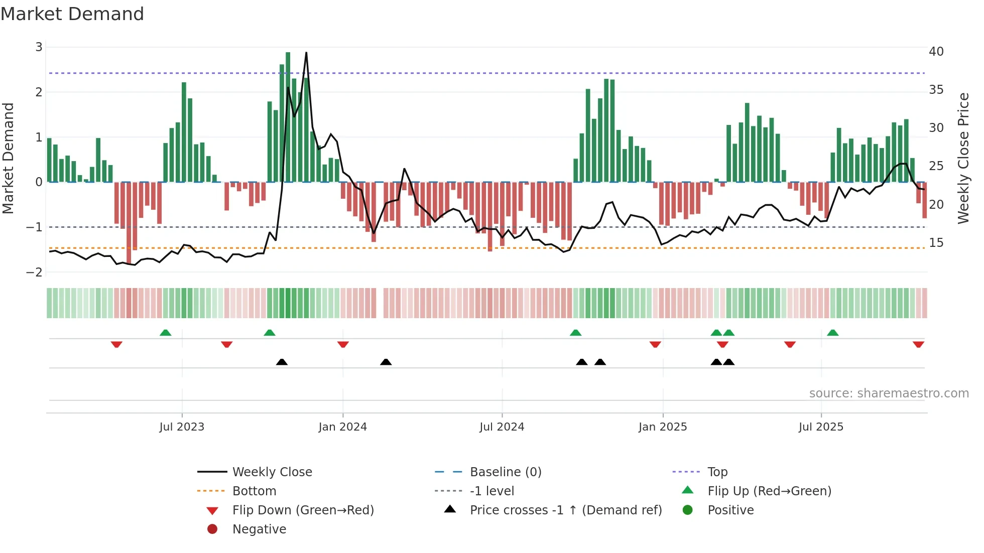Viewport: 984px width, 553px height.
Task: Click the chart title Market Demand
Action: pos(72,14)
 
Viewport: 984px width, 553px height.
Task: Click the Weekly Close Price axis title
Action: pos(963,158)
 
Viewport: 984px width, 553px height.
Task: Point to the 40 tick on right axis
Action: pos(936,52)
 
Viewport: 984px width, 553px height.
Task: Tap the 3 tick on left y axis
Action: pos(39,47)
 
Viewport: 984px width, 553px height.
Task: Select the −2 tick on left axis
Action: pos(35,272)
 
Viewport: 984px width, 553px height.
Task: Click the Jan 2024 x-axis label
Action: pos(342,427)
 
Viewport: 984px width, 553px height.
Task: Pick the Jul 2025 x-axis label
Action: pos(821,427)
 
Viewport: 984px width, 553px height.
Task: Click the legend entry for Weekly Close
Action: pos(272,472)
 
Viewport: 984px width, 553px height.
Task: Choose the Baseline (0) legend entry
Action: pos(505,472)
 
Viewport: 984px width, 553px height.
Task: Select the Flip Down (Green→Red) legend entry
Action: pos(303,510)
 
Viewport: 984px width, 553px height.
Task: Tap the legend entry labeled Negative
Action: pos(259,529)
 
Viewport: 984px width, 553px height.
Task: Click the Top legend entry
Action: pos(717,472)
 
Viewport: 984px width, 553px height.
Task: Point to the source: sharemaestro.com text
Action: pos(889,393)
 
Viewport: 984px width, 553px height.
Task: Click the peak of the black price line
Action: pos(306,53)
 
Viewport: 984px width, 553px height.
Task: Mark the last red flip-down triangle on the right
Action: pos(918,345)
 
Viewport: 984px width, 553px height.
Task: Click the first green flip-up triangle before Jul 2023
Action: pos(165,333)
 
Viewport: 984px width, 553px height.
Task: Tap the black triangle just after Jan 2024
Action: pos(386,362)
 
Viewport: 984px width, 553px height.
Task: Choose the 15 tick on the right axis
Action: pos(936,243)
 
